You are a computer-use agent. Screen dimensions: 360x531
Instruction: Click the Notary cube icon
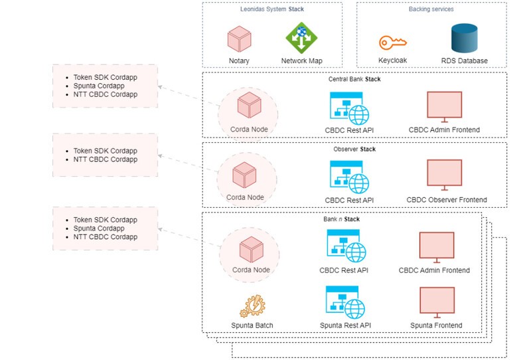click(239, 39)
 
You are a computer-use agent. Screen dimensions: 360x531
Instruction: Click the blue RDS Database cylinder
click(465, 39)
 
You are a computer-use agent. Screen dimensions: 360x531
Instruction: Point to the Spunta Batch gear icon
click(253, 305)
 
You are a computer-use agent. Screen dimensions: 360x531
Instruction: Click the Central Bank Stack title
click(354, 79)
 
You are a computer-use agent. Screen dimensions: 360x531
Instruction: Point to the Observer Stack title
click(354, 149)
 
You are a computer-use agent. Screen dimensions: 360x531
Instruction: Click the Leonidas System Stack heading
click(272, 9)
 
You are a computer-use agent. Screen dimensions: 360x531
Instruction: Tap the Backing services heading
click(431, 9)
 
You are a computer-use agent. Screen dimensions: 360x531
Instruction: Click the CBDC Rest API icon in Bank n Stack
click(343, 246)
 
